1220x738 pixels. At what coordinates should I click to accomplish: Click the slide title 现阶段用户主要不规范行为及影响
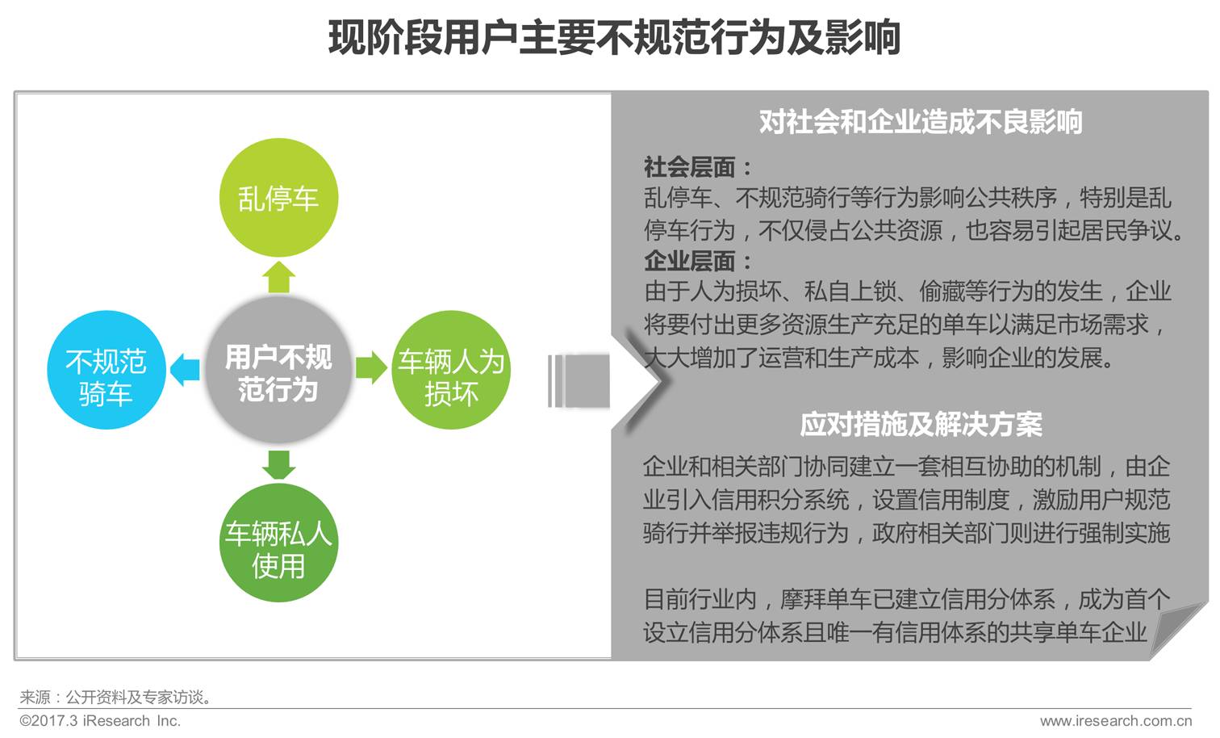(614, 38)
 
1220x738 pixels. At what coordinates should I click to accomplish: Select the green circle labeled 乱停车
(278, 198)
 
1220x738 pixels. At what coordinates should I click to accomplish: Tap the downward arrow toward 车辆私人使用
(278, 464)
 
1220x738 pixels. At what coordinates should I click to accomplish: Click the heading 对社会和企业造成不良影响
(920, 122)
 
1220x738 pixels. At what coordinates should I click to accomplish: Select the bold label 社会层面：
(698, 167)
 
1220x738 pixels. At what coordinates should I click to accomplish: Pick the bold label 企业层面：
(698, 261)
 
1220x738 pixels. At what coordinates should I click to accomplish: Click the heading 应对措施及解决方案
(921, 424)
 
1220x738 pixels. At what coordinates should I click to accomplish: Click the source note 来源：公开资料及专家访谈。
(117, 697)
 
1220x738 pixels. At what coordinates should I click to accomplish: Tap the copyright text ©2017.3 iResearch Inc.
(100, 720)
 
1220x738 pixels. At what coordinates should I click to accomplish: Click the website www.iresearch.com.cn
(1115, 720)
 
